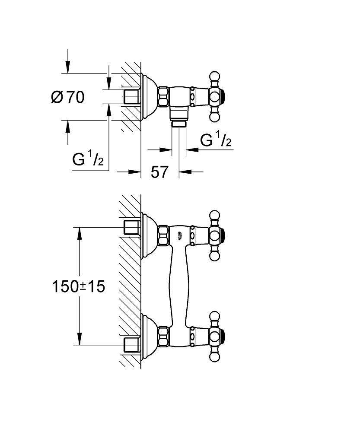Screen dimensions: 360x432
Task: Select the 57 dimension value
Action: coord(159,172)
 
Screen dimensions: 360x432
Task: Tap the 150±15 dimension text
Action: coord(79,286)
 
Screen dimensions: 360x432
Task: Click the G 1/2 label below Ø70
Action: coord(88,159)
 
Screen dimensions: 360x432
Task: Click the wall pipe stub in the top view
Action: coord(131,97)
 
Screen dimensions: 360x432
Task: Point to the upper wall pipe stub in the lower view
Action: coord(131,227)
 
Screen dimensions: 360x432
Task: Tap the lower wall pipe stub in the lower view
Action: coord(131,344)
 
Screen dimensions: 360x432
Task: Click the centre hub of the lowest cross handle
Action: coord(215,337)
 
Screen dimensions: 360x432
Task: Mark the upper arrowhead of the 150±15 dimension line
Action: coord(80,233)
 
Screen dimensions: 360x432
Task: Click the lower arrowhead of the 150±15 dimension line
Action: coord(80,339)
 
